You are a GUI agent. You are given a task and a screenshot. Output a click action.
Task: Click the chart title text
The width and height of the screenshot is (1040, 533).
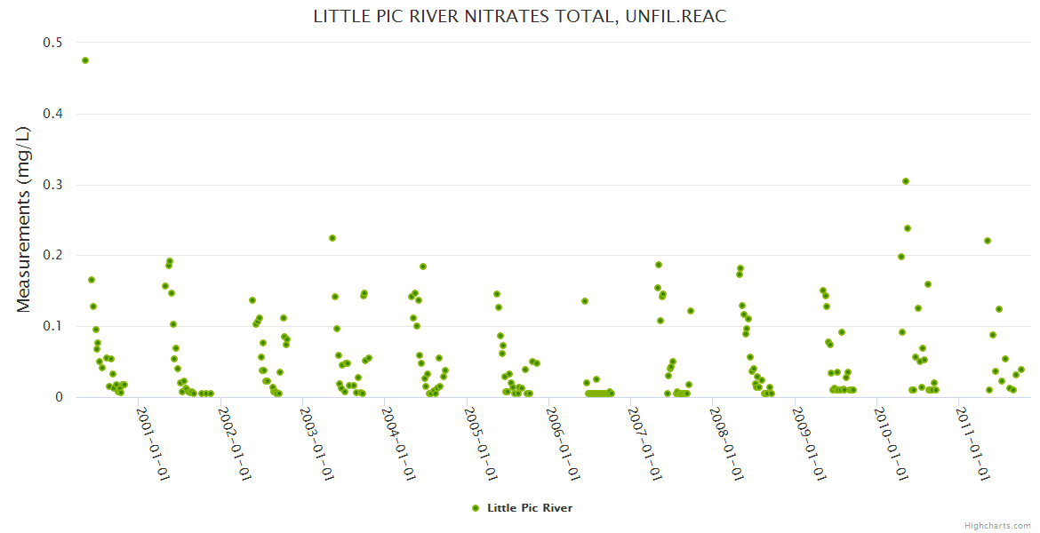coord(520,17)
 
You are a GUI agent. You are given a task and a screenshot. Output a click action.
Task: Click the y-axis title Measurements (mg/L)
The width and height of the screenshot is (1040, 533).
coord(24,219)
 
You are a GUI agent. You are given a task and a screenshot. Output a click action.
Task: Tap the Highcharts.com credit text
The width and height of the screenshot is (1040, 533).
coord(997,526)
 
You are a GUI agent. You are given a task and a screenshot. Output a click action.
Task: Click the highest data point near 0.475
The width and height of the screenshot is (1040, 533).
coord(85,60)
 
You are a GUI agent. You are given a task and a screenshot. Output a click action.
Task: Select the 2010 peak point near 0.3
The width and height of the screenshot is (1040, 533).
coord(906,181)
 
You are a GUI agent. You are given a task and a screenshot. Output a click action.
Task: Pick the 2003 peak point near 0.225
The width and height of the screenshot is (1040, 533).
coord(332,238)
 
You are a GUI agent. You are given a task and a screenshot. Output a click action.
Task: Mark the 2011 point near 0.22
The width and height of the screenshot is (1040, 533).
coord(988,241)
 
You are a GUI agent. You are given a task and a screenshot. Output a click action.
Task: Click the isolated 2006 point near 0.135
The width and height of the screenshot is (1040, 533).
coord(585,301)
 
